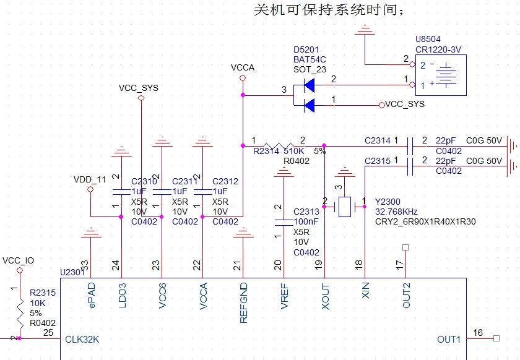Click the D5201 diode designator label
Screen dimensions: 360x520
[x=306, y=49]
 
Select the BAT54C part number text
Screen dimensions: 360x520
[x=310, y=59]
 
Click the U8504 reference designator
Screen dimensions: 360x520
[x=428, y=40]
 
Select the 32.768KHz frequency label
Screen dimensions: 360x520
[x=396, y=212]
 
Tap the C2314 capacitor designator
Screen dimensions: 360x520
[x=378, y=141]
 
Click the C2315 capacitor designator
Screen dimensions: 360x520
[x=378, y=161]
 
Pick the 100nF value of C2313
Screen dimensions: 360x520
[x=306, y=221]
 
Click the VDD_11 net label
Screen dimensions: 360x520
[x=90, y=179]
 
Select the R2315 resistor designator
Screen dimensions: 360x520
[x=42, y=293]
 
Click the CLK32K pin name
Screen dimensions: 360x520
[x=82, y=340]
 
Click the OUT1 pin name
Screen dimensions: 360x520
[x=449, y=339]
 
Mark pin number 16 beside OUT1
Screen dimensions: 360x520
[x=477, y=333]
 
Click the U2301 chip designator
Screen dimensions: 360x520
[x=72, y=272]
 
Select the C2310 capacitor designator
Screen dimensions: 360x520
[x=144, y=181]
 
